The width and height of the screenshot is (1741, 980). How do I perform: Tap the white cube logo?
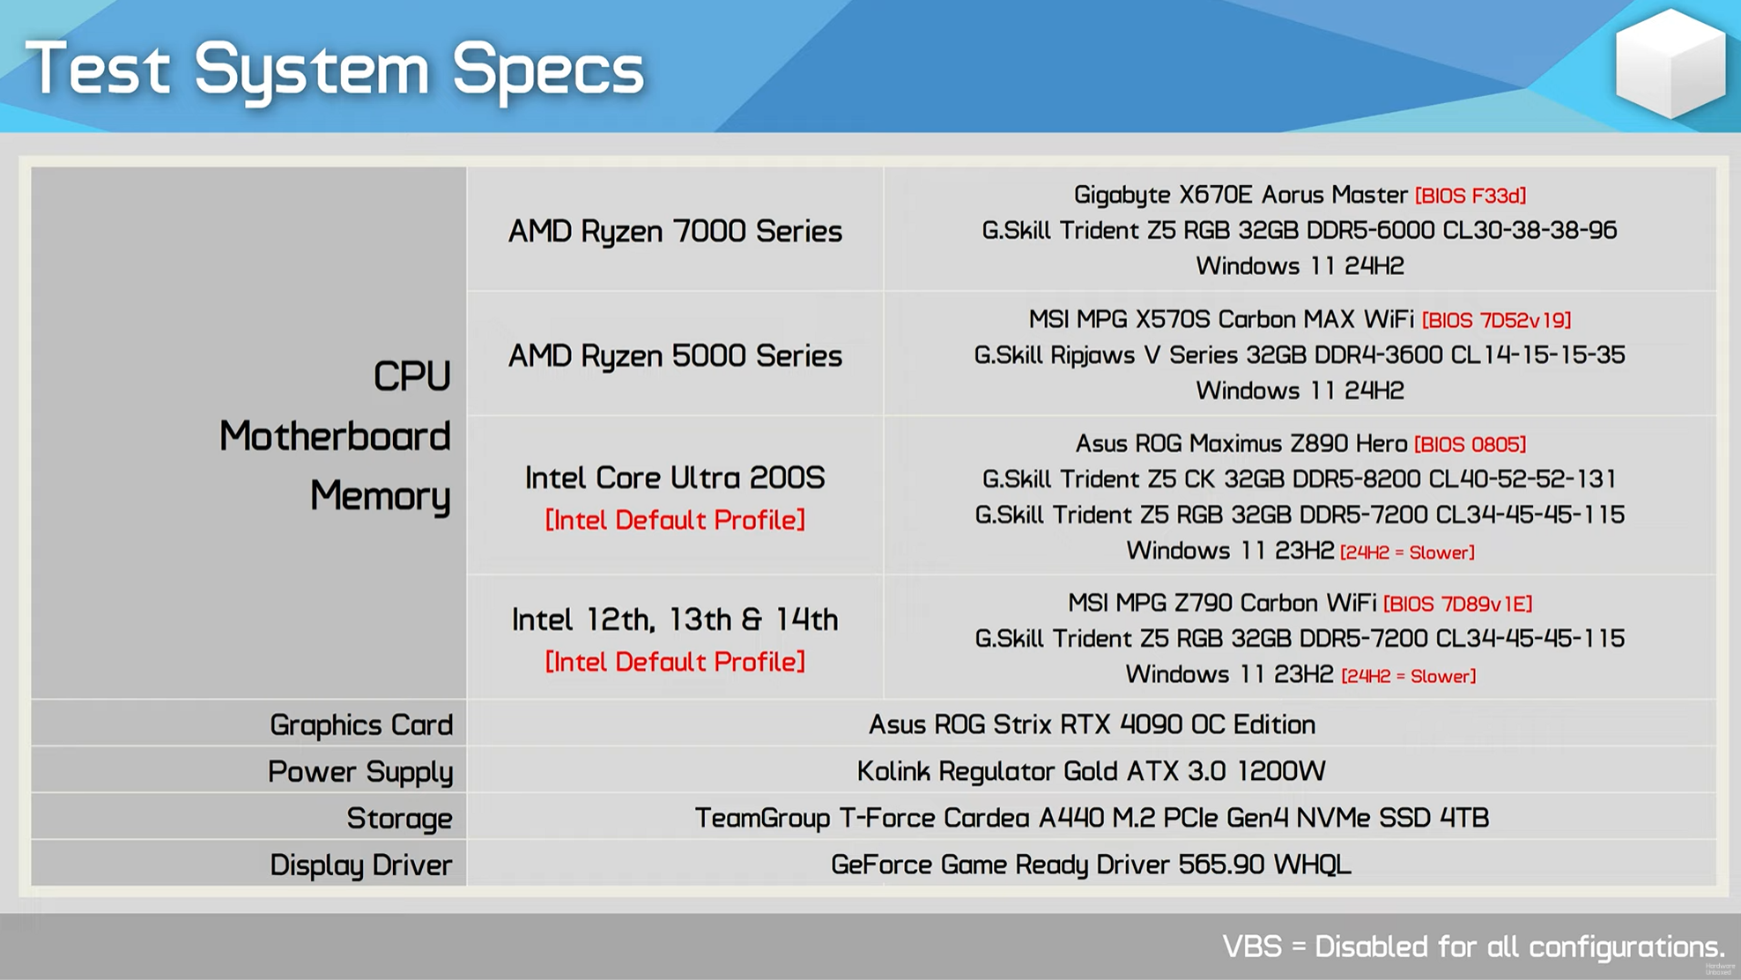click(1670, 63)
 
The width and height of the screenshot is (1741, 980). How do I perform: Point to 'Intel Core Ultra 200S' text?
click(675, 478)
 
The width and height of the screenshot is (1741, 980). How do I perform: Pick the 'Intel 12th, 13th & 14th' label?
click(675, 620)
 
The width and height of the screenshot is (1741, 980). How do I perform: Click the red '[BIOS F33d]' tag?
click(1471, 196)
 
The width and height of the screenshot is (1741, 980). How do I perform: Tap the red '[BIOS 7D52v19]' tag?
click(1496, 320)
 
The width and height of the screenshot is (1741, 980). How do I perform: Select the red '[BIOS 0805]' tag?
click(1470, 444)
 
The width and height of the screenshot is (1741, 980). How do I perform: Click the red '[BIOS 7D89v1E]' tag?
click(1457, 604)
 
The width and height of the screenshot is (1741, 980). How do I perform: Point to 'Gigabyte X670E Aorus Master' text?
click(1241, 195)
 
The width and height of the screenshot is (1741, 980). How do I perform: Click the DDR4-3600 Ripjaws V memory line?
click(1300, 355)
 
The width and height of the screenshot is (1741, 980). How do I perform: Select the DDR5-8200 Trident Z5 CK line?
click(1300, 479)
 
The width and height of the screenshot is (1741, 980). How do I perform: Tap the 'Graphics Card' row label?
click(361, 725)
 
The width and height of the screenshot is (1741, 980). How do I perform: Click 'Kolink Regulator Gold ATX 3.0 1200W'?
click(1091, 772)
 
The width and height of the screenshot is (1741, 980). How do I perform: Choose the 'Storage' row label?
click(399, 819)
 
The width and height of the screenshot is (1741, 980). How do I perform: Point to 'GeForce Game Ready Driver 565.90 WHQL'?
click(1091, 865)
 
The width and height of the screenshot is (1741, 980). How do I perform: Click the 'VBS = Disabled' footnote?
click(1473, 947)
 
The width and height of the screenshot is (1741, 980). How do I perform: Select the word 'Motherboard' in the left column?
click(335, 436)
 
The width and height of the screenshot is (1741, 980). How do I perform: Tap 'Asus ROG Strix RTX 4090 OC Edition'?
click(1092, 724)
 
